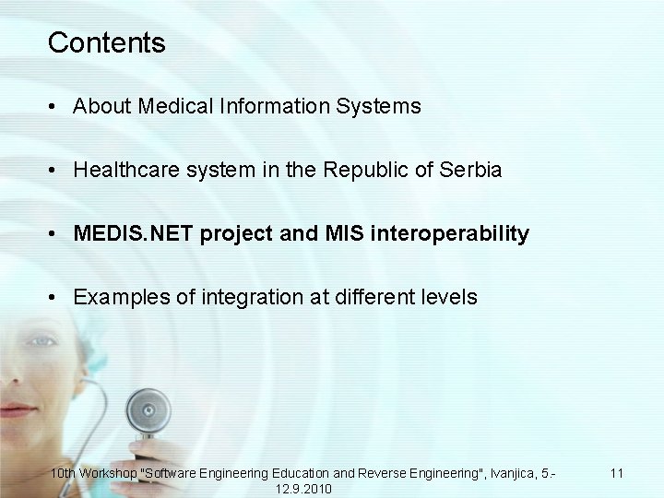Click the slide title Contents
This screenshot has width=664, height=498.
(x=106, y=42)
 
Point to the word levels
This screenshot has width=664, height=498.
(x=451, y=298)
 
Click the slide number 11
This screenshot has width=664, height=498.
(x=617, y=473)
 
